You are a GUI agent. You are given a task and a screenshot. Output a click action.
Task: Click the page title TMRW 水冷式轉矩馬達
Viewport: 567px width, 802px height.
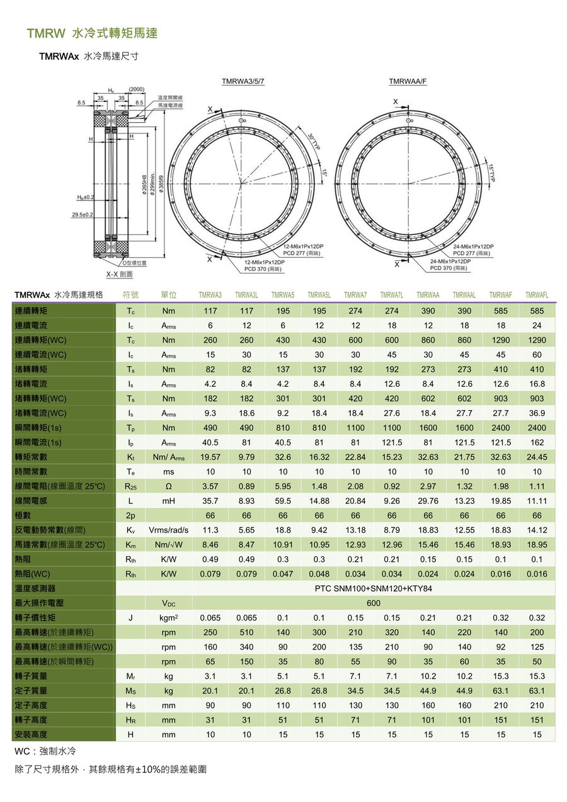pos(91,33)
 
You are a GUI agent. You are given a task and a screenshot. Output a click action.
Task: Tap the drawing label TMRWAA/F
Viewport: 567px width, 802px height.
pos(408,82)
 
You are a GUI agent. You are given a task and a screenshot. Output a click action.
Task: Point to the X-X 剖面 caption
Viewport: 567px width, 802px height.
pos(119,274)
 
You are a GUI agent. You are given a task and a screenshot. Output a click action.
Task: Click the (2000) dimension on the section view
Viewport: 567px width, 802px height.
pos(137,89)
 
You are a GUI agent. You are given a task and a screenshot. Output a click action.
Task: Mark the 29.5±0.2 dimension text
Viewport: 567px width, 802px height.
pos(82,215)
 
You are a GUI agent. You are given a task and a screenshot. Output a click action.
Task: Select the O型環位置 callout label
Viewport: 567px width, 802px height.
pos(134,262)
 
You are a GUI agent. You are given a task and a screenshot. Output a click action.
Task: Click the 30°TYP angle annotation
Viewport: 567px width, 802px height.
pos(312,141)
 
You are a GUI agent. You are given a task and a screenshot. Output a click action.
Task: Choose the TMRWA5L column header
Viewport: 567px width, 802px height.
pos(319,295)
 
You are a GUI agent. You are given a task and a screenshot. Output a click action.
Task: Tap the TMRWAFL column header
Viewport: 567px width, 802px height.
pos(537,295)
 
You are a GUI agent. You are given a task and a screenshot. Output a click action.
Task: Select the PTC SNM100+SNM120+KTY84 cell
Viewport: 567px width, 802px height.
pos(374,588)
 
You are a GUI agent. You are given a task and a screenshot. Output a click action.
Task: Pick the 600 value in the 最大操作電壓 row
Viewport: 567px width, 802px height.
pos(374,603)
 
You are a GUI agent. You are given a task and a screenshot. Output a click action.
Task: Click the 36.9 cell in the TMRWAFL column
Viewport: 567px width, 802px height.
pos(537,413)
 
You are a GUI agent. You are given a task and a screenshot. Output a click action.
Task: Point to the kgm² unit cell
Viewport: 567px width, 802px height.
pos(168,617)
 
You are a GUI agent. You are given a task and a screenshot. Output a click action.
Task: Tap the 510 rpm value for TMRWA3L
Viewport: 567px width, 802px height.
pos(246,632)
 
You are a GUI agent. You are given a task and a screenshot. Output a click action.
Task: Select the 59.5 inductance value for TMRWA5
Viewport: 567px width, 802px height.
pos(283,501)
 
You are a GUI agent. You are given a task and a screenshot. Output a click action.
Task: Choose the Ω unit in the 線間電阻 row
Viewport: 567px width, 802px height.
pos(168,486)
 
